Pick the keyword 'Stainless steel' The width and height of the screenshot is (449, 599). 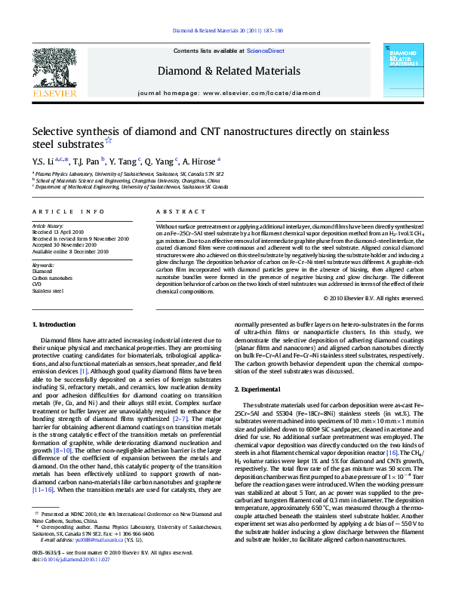point(48,290)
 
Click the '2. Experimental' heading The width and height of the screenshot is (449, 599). point(260,389)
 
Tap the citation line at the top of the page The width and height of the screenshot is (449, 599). point(228,30)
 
